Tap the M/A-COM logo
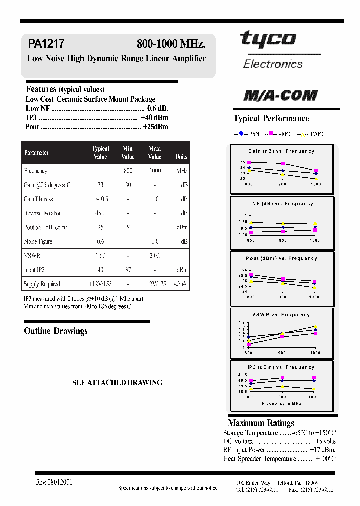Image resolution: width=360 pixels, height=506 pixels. pos(280,95)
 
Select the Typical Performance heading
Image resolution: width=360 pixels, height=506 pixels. pos(271,118)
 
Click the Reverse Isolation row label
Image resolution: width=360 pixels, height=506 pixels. pos(43,213)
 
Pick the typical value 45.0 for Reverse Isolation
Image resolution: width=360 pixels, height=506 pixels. pos(100,213)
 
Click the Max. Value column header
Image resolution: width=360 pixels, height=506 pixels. pos(155,152)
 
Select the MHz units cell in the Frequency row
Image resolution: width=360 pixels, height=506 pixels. pos(181,171)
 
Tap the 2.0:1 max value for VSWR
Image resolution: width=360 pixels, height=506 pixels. pos(155,256)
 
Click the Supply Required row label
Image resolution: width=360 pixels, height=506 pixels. pos(42,284)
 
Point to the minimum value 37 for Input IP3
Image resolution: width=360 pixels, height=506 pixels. pos(128,270)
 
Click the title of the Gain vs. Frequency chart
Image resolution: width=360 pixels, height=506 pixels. pos(282,151)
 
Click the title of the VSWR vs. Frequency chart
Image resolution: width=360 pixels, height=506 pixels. pos(281,315)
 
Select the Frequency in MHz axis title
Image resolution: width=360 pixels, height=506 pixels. pos(282,403)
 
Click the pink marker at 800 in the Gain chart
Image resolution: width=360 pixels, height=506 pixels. pos(249,162)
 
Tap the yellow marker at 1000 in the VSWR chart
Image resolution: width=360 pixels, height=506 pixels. pos(315,327)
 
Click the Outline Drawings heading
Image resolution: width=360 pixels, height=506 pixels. pos(56,331)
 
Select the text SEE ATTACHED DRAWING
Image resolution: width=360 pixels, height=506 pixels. pos(117,382)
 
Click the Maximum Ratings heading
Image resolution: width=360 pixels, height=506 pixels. pos(261,423)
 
